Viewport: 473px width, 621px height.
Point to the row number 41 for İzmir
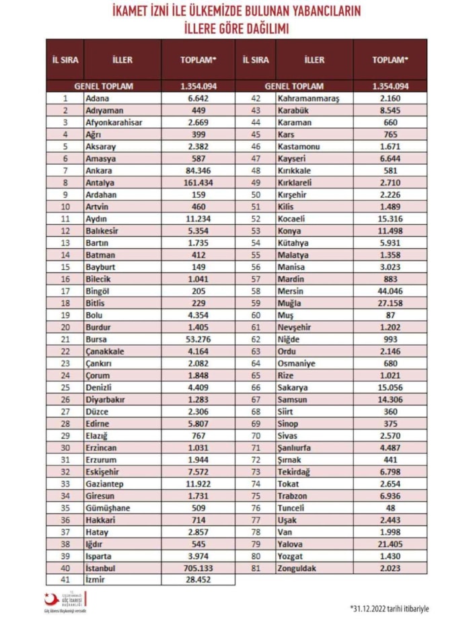[65, 579]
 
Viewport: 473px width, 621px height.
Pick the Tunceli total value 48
[390, 508]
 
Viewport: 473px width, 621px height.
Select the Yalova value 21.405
[390, 544]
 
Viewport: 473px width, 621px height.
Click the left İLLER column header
[122, 60]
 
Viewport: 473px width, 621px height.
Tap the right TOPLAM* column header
[390, 60]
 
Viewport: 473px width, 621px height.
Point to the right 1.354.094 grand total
[390, 86]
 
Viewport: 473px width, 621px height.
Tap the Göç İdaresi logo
[67, 600]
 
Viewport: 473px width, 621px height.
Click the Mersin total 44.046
[390, 291]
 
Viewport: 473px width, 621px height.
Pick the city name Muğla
[291, 303]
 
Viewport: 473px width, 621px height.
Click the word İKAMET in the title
[139, 11]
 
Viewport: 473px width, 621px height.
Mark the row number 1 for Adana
[65, 98]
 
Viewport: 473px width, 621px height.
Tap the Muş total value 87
[390, 315]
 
